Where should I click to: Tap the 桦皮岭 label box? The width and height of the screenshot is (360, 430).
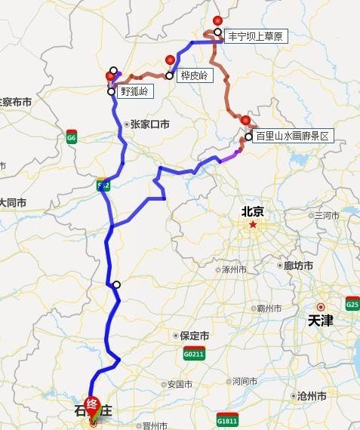pyautogui.click(x=195, y=75)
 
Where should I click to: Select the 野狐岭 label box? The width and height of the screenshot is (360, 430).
pyautogui.click(x=134, y=91)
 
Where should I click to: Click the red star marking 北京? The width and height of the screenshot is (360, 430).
pyautogui.click(x=253, y=224)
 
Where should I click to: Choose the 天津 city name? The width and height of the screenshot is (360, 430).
pyautogui.click(x=320, y=321)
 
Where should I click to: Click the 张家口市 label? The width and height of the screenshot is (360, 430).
pyautogui.click(x=149, y=124)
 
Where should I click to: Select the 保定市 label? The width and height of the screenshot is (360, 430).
pyautogui.click(x=195, y=336)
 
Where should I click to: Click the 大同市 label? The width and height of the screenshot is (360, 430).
pyautogui.click(x=13, y=203)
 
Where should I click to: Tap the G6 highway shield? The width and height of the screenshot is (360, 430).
pyautogui.click(x=72, y=138)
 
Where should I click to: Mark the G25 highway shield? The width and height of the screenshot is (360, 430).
pyautogui.click(x=352, y=303)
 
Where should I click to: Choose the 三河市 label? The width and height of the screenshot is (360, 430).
pyautogui.click(x=327, y=216)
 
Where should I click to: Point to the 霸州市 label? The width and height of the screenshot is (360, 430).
pyautogui.click(x=268, y=308)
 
